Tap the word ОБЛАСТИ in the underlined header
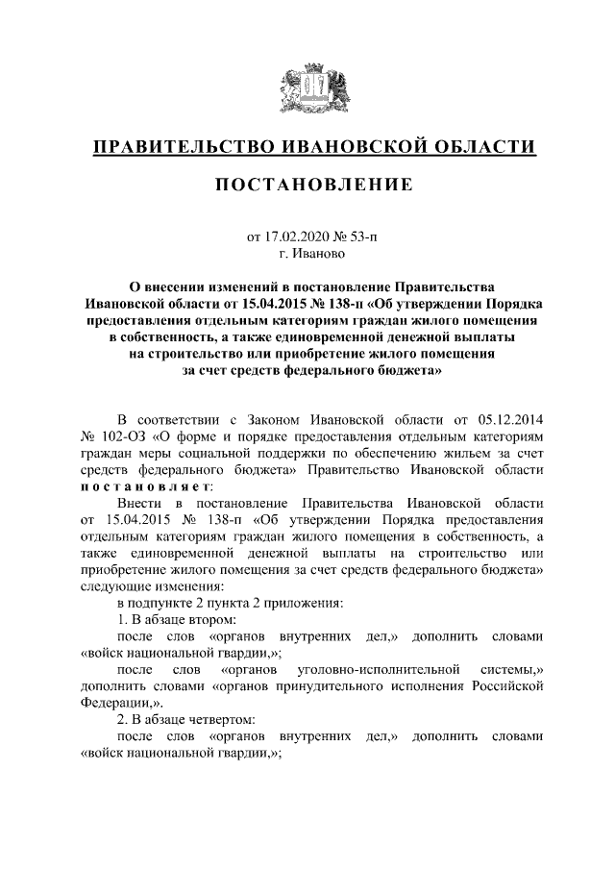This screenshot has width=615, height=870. [x=481, y=147]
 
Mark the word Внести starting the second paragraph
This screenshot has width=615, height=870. [x=139, y=504]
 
